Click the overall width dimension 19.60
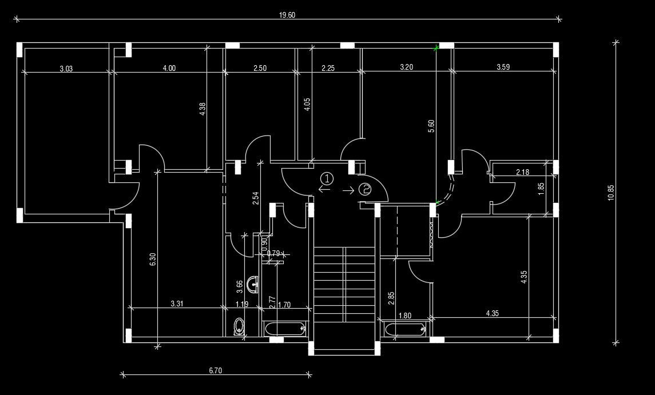287,15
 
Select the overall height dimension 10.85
610,192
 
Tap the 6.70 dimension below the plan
215,370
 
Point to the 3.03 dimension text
66,68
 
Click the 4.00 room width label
169,68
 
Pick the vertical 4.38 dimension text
203,109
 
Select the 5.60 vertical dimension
431,126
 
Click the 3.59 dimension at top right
503,67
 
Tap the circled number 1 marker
326,178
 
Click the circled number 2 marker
365,189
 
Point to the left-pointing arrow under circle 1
324,190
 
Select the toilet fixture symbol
239,326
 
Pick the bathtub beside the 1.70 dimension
284,328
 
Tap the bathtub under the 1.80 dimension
405,328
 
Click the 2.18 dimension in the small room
522,172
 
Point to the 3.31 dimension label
177,304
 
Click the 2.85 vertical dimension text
391,299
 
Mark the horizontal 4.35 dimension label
492,313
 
